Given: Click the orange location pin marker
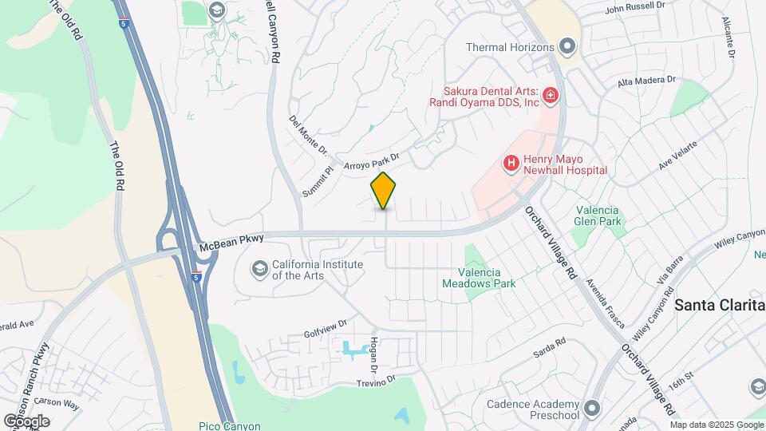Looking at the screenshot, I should point(384,191).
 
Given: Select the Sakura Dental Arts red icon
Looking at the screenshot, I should point(550,97).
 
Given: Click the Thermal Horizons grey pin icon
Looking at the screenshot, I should point(567,47).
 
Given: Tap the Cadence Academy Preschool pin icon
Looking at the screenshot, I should point(591,409).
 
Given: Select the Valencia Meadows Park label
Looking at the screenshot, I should point(479,277).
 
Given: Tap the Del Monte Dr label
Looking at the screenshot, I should point(308,135).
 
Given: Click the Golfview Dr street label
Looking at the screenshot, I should point(325,329).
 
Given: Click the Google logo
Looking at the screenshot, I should point(26,421).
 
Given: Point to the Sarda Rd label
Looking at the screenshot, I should point(549,346).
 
